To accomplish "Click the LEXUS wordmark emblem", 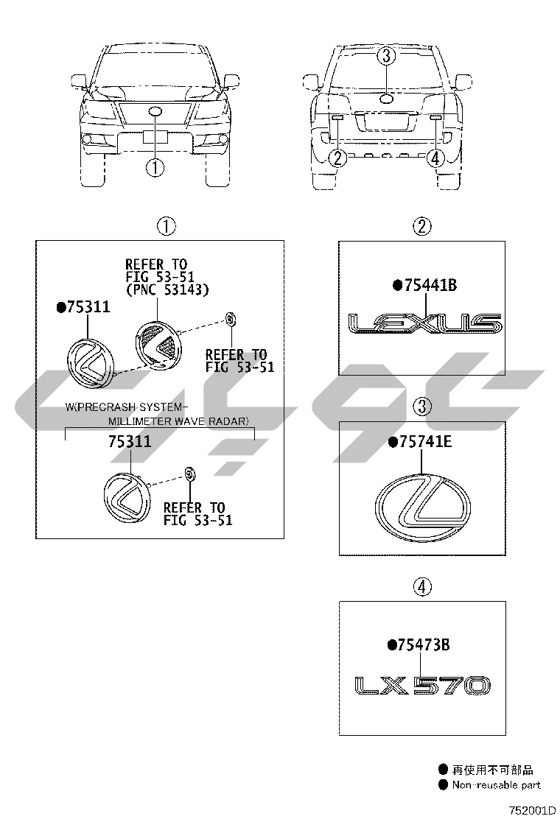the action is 424,324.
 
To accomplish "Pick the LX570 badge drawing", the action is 423,685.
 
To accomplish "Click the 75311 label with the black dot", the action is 83,307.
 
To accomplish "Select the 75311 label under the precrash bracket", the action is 130,442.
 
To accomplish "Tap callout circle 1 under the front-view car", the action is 155,168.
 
